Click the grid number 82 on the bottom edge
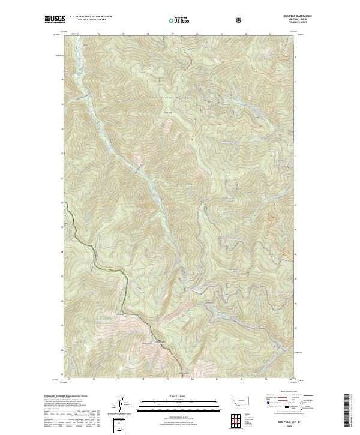point(241,379)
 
